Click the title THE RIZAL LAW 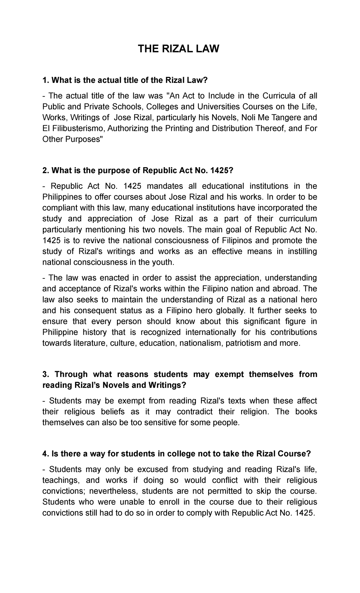click(178, 49)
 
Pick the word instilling click(302, 251)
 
